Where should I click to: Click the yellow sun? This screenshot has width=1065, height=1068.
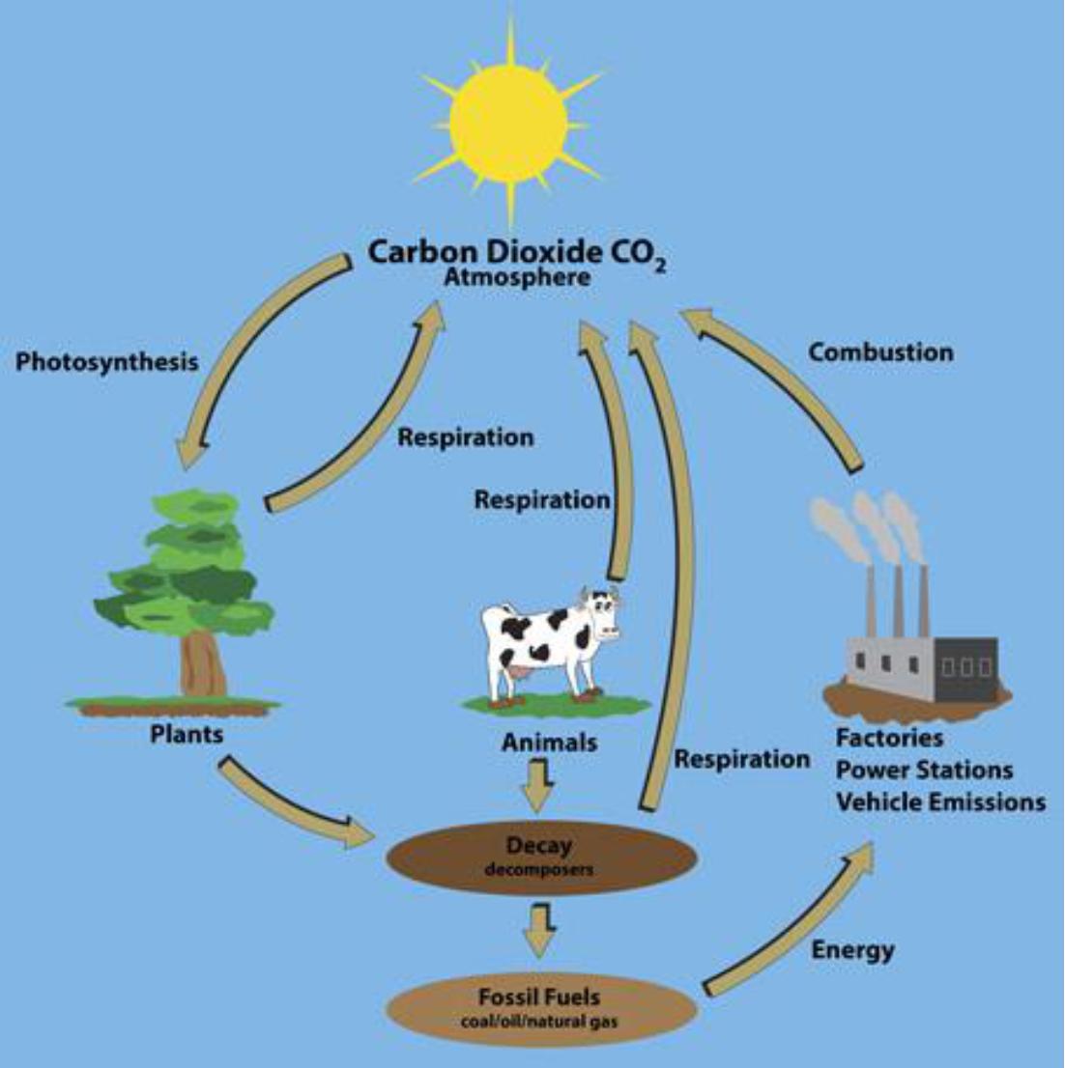coord(509,123)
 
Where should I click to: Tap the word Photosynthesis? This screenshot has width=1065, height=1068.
coord(107,362)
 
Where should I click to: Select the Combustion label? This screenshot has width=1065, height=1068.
coord(880,352)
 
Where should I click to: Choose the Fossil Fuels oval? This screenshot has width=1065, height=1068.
coord(540,1006)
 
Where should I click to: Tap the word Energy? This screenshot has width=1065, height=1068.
coord(852,950)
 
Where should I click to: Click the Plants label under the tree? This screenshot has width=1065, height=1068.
coord(187,734)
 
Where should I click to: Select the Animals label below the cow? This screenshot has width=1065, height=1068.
coord(549,743)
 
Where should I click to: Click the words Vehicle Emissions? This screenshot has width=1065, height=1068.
coord(940,802)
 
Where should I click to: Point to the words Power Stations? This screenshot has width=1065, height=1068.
coord(924,771)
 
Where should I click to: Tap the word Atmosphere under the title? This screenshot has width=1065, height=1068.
coord(517,278)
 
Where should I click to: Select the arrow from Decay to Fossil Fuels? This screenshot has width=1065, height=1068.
coord(537,931)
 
